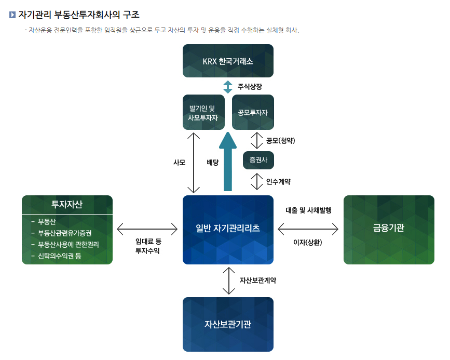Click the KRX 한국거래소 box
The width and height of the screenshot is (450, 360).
tap(228, 61)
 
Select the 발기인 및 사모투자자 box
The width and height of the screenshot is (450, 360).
tap(203, 112)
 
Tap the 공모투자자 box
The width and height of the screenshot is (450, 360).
tap(253, 112)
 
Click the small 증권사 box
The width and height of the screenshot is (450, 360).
tap(258, 160)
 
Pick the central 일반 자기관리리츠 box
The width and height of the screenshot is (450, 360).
tap(228, 229)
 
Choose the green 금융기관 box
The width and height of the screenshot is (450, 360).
tap(389, 229)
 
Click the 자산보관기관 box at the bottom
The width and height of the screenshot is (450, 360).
tap(228, 324)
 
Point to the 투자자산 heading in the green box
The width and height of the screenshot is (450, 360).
tap(67, 204)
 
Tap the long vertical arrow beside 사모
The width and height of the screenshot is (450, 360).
tap(194, 163)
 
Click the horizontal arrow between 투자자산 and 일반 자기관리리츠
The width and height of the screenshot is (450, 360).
tap(147, 228)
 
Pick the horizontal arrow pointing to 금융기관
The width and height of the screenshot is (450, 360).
tap(308, 228)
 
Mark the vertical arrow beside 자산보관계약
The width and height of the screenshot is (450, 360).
tap(228, 281)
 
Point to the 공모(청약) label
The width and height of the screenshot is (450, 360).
tap(280, 140)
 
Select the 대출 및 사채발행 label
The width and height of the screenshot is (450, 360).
tap(308, 210)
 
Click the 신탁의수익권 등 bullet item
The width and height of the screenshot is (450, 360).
tap(59, 256)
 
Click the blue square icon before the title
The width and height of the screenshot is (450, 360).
tap(12, 15)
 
